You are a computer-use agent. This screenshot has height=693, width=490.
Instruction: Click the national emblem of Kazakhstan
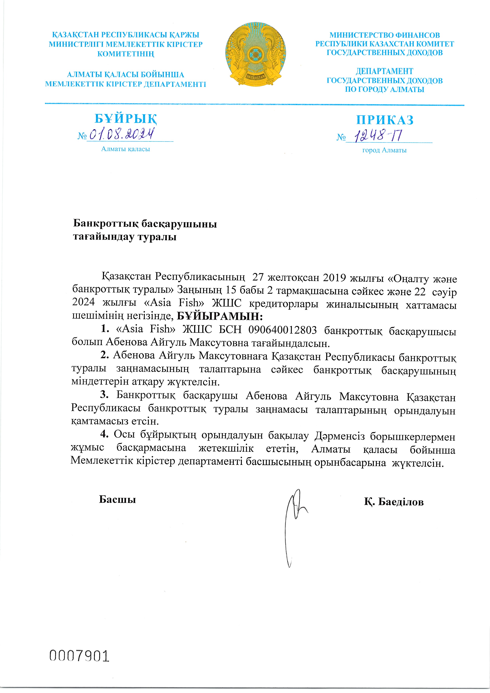click(x=256, y=55)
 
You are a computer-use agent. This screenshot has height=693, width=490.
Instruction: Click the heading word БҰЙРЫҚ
click(x=126, y=119)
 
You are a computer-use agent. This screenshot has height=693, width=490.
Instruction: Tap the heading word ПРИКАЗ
click(x=385, y=120)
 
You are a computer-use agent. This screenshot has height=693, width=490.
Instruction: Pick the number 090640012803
click(x=282, y=330)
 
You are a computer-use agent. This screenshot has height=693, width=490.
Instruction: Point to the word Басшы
click(x=117, y=500)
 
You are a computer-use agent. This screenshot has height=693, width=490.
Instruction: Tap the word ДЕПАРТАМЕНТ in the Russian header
click(x=384, y=71)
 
